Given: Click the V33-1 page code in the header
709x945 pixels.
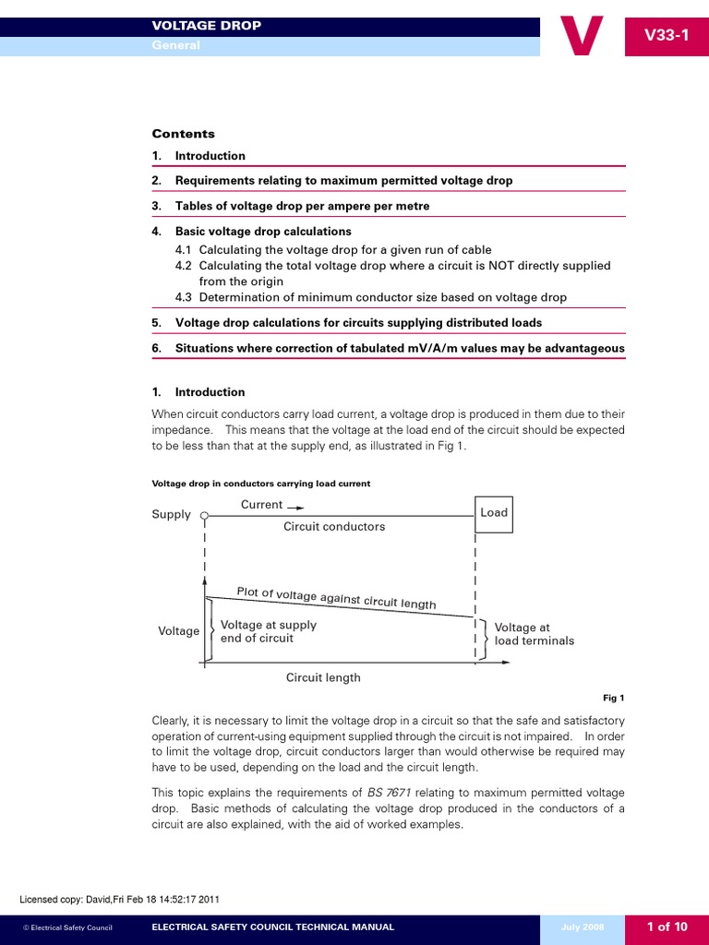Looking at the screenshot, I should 667,36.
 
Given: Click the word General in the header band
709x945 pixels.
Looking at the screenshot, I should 175,45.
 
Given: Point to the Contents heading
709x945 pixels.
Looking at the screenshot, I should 183,134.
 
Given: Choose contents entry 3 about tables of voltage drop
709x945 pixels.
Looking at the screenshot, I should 302,206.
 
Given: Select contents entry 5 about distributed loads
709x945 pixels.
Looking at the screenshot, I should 358,323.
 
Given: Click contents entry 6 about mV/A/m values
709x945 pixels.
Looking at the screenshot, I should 399,349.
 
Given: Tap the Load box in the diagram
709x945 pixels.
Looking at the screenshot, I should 494,513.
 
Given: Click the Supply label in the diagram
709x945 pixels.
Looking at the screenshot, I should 171,515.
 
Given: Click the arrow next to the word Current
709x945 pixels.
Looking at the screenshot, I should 294,506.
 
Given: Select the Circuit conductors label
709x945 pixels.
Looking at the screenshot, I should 334,527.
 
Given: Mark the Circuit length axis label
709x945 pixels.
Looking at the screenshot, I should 323,677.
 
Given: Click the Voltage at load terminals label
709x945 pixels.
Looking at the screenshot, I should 534,634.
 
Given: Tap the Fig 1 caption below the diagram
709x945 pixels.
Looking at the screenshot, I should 614,699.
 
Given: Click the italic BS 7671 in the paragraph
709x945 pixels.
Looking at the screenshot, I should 392,793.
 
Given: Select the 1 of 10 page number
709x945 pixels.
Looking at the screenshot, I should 667,927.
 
